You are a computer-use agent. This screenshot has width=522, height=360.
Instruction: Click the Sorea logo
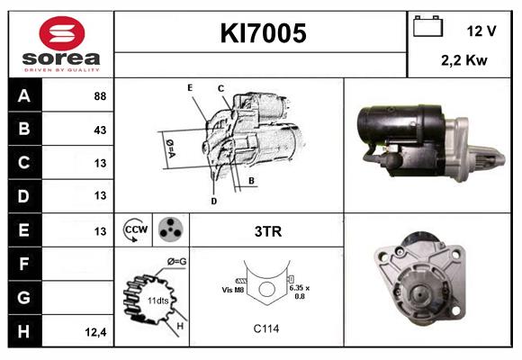pyautogui.click(x=61, y=44)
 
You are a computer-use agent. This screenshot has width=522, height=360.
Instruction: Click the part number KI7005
pyautogui.click(x=264, y=34)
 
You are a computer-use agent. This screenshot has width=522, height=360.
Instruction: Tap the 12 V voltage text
pyautogui.click(x=481, y=31)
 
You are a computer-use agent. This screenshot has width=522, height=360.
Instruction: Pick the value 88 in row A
pyautogui.click(x=100, y=94)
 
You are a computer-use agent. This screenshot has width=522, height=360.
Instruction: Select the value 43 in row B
pyautogui.click(x=100, y=129)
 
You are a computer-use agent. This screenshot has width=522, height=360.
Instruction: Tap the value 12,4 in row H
pyautogui.click(x=97, y=332)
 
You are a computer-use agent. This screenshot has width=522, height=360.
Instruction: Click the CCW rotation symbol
pyautogui.click(x=135, y=229)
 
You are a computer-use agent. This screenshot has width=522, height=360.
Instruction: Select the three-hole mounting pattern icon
pyautogui.click(x=169, y=229)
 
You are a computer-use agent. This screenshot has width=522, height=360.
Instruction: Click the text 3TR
pyautogui.click(x=268, y=231)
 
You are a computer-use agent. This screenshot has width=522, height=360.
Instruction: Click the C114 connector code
pyautogui.click(x=265, y=328)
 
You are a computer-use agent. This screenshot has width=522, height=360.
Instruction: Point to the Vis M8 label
pyautogui.click(x=233, y=290)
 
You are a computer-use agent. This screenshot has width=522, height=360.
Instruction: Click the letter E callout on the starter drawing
pyautogui.click(x=190, y=87)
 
